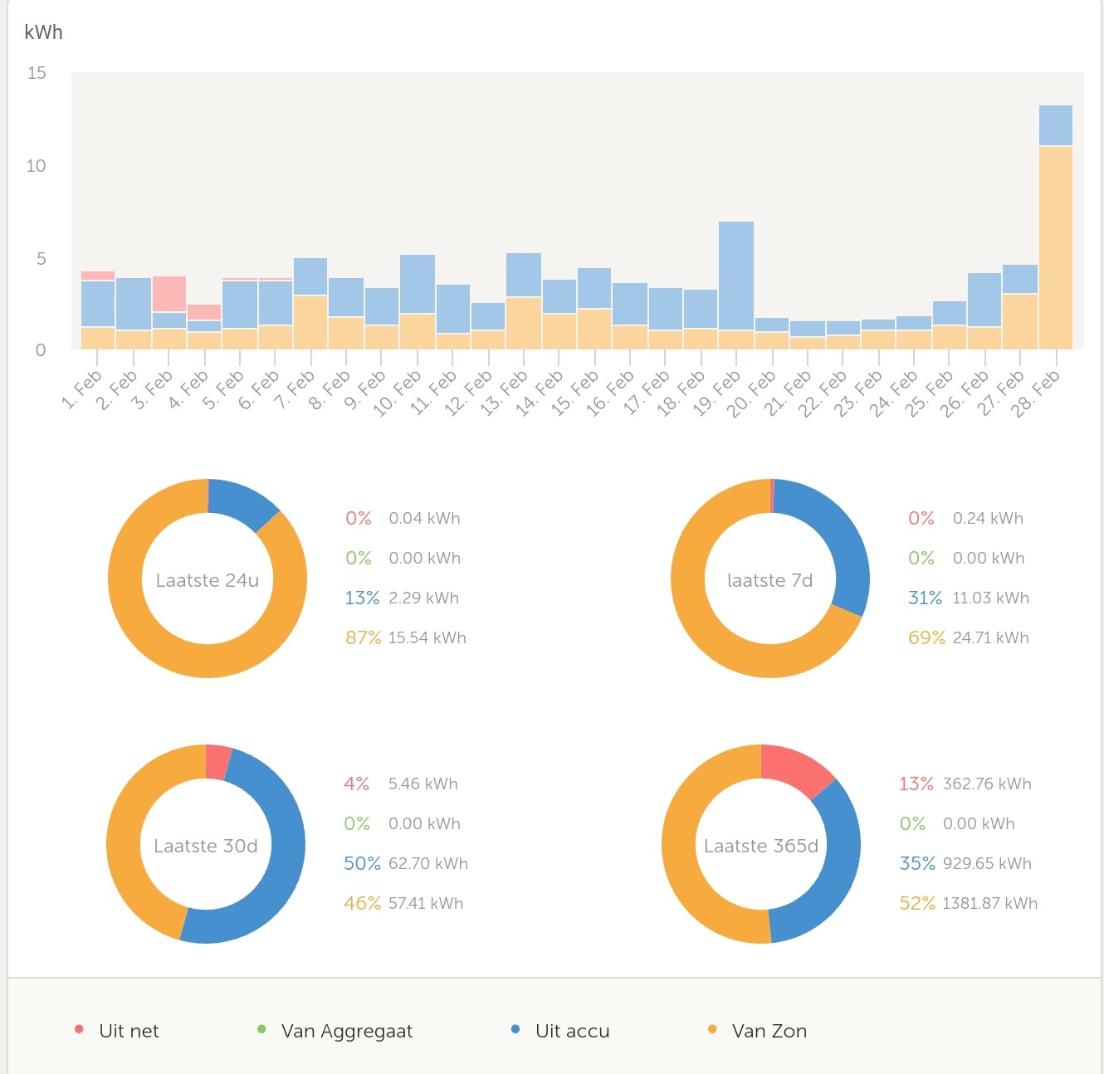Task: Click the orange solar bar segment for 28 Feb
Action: pyautogui.click(x=1056, y=247)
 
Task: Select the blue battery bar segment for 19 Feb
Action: pyautogui.click(x=736, y=276)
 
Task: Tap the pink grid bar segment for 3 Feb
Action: pyautogui.click(x=169, y=294)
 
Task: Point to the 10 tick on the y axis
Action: pyautogui.click(x=36, y=166)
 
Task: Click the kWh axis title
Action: pyautogui.click(x=43, y=32)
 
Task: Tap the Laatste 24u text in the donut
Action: pyautogui.click(x=208, y=580)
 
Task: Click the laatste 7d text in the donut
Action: pyautogui.click(x=769, y=580)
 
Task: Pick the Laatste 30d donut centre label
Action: pyautogui.click(x=206, y=846)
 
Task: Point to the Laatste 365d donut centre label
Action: pyautogui.click(x=761, y=846)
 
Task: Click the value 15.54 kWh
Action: pyautogui.click(x=427, y=637)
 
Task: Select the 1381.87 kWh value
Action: pyautogui.click(x=990, y=903)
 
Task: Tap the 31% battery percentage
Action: pyautogui.click(x=925, y=598)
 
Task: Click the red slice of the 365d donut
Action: pyautogui.click(x=794, y=768)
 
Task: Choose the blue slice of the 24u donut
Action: pyautogui.click(x=241, y=502)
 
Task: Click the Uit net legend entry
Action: pyautogui.click(x=128, y=1031)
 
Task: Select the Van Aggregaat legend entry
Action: pyautogui.click(x=346, y=1031)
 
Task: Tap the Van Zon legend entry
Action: pyautogui.click(x=769, y=1031)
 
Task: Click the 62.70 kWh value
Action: pyautogui.click(x=428, y=863)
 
